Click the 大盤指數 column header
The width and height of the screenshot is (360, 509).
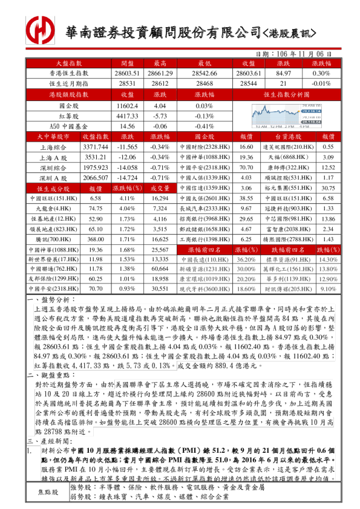click(69, 63)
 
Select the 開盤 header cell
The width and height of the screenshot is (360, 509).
click(127, 63)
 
